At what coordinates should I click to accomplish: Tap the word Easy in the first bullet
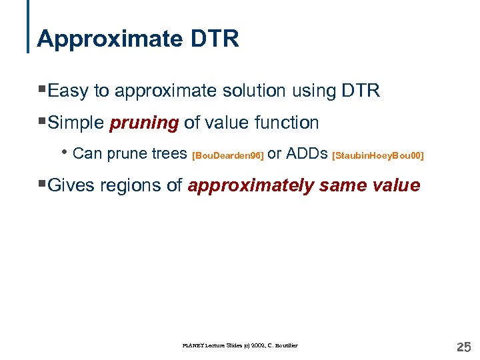click(x=68, y=91)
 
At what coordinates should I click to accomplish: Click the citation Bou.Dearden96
click(x=227, y=155)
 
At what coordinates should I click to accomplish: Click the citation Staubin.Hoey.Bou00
click(x=377, y=155)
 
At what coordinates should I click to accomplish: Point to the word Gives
click(x=71, y=185)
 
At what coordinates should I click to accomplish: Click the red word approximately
click(x=251, y=186)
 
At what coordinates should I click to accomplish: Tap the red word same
click(x=342, y=185)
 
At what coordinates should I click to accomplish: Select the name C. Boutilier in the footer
click(x=281, y=345)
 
